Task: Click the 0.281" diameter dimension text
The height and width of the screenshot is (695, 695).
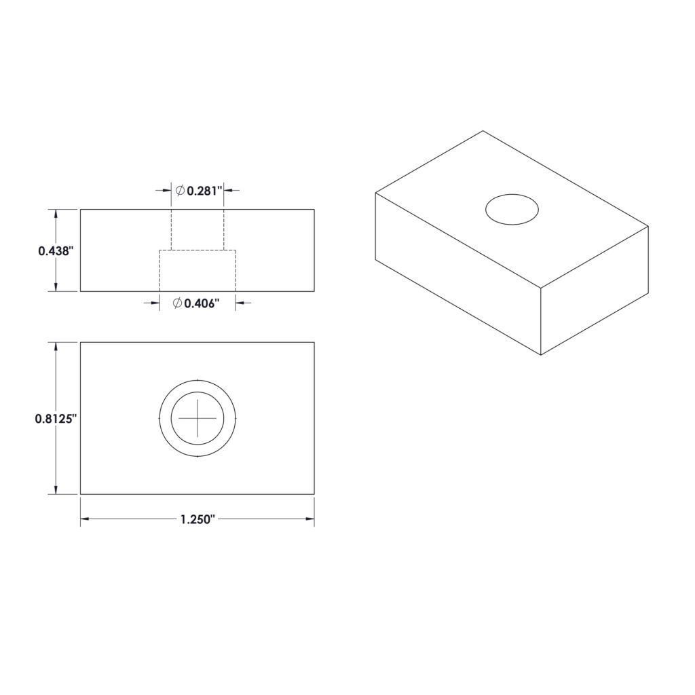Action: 204,191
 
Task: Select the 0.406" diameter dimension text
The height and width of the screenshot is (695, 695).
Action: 202,303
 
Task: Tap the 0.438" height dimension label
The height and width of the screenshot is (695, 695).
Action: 55,251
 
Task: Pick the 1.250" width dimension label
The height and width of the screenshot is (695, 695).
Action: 198,519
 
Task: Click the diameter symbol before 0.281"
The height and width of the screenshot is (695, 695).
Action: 179,191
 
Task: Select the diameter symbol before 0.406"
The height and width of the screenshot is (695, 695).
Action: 177,303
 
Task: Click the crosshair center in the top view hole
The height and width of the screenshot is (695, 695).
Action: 198,418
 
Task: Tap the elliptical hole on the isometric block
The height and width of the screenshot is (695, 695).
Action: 512,209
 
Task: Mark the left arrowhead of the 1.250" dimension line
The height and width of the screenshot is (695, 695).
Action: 85,519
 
